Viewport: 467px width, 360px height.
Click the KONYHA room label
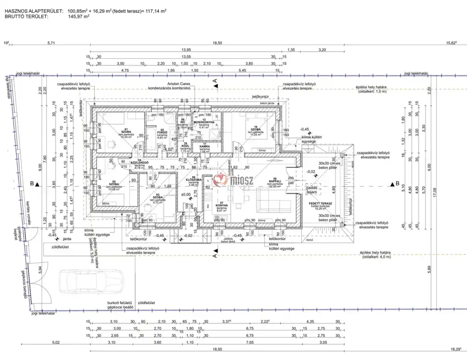click(221, 205)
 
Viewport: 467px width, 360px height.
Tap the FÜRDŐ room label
click(162, 132)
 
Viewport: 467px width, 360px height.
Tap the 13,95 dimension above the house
click(186, 49)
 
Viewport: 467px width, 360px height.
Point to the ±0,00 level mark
click(185, 194)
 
